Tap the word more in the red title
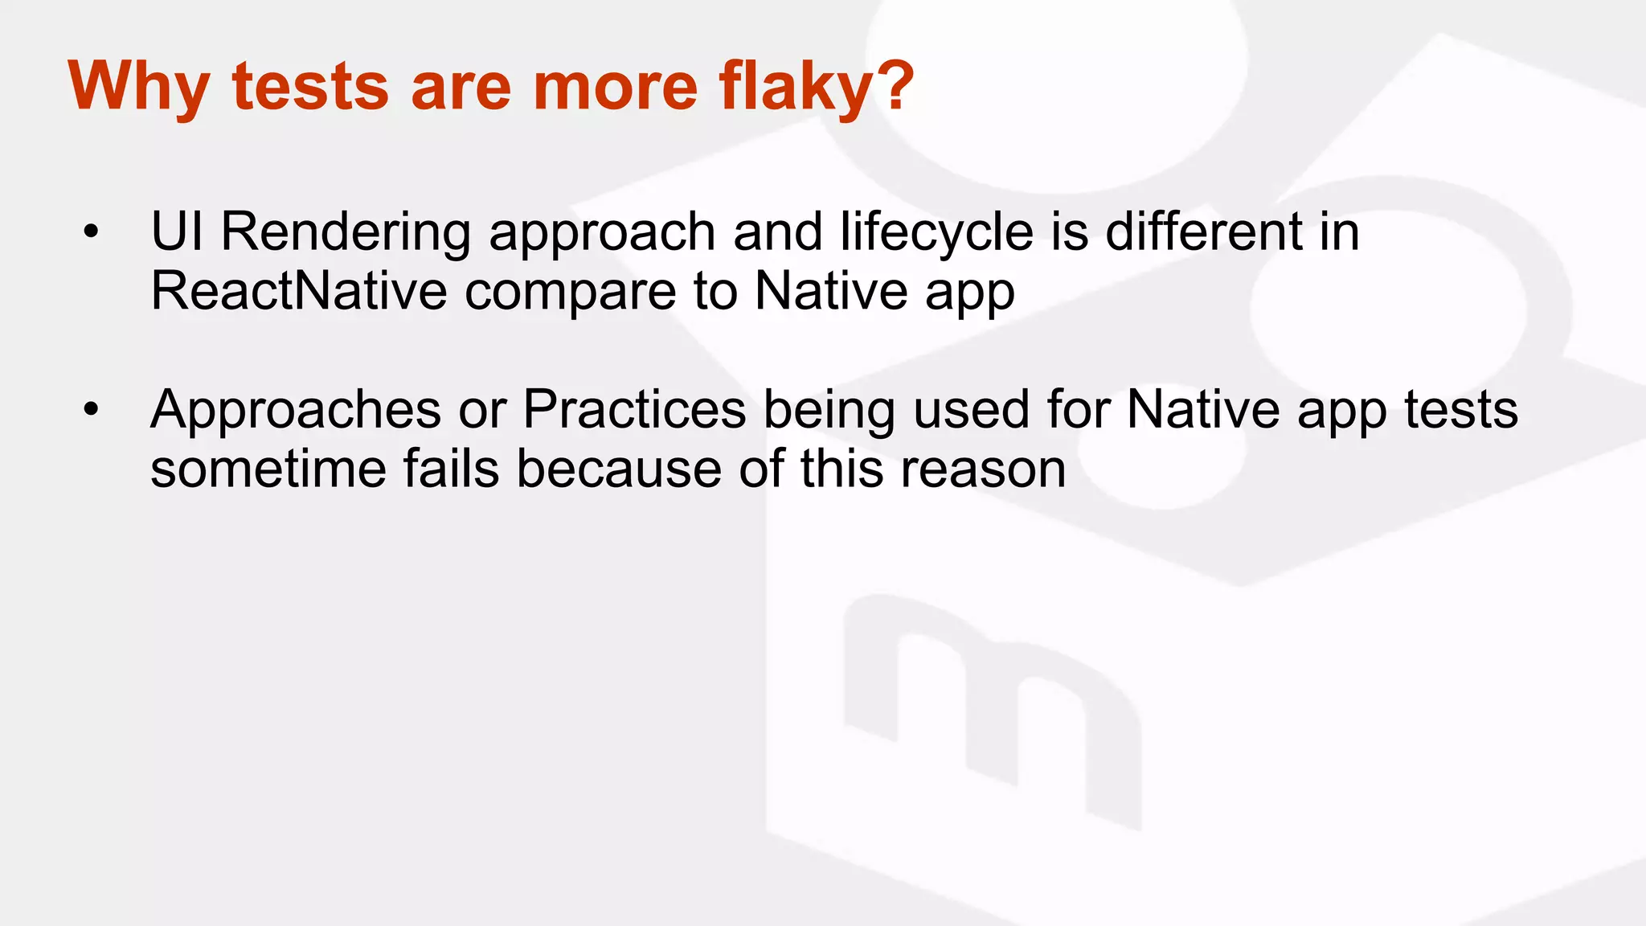(x=616, y=87)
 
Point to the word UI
(x=176, y=232)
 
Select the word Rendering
(x=346, y=232)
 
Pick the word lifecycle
(x=936, y=232)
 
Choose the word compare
(x=570, y=293)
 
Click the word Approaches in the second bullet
(x=296, y=411)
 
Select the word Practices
(x=635, y=411)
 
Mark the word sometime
(x=268, y=469)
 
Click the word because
(x=619, y=469)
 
